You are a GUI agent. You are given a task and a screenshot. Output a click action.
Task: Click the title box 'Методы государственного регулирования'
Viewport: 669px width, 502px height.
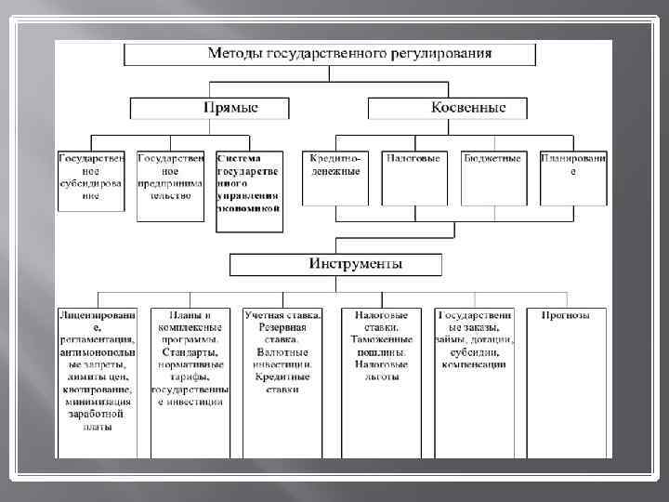[330, 54]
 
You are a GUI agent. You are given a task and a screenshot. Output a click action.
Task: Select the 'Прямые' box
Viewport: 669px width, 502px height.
[230, 108]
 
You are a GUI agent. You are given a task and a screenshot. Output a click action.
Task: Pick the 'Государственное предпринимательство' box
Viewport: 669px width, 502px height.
[170, 184]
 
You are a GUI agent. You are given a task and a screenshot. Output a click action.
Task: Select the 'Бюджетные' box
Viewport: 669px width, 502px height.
[492, 177]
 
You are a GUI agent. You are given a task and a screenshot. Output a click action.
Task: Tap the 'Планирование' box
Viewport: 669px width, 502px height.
[573, 177]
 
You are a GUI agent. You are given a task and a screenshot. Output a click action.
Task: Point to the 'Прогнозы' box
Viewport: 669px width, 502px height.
[566, 316]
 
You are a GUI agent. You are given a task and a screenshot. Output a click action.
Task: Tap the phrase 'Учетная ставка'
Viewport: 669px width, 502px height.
[282, 316]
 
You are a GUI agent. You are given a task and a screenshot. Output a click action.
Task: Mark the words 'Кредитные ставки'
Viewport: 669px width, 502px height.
[282, 384]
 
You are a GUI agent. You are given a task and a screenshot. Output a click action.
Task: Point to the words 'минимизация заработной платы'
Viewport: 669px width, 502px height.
[97, 415]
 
